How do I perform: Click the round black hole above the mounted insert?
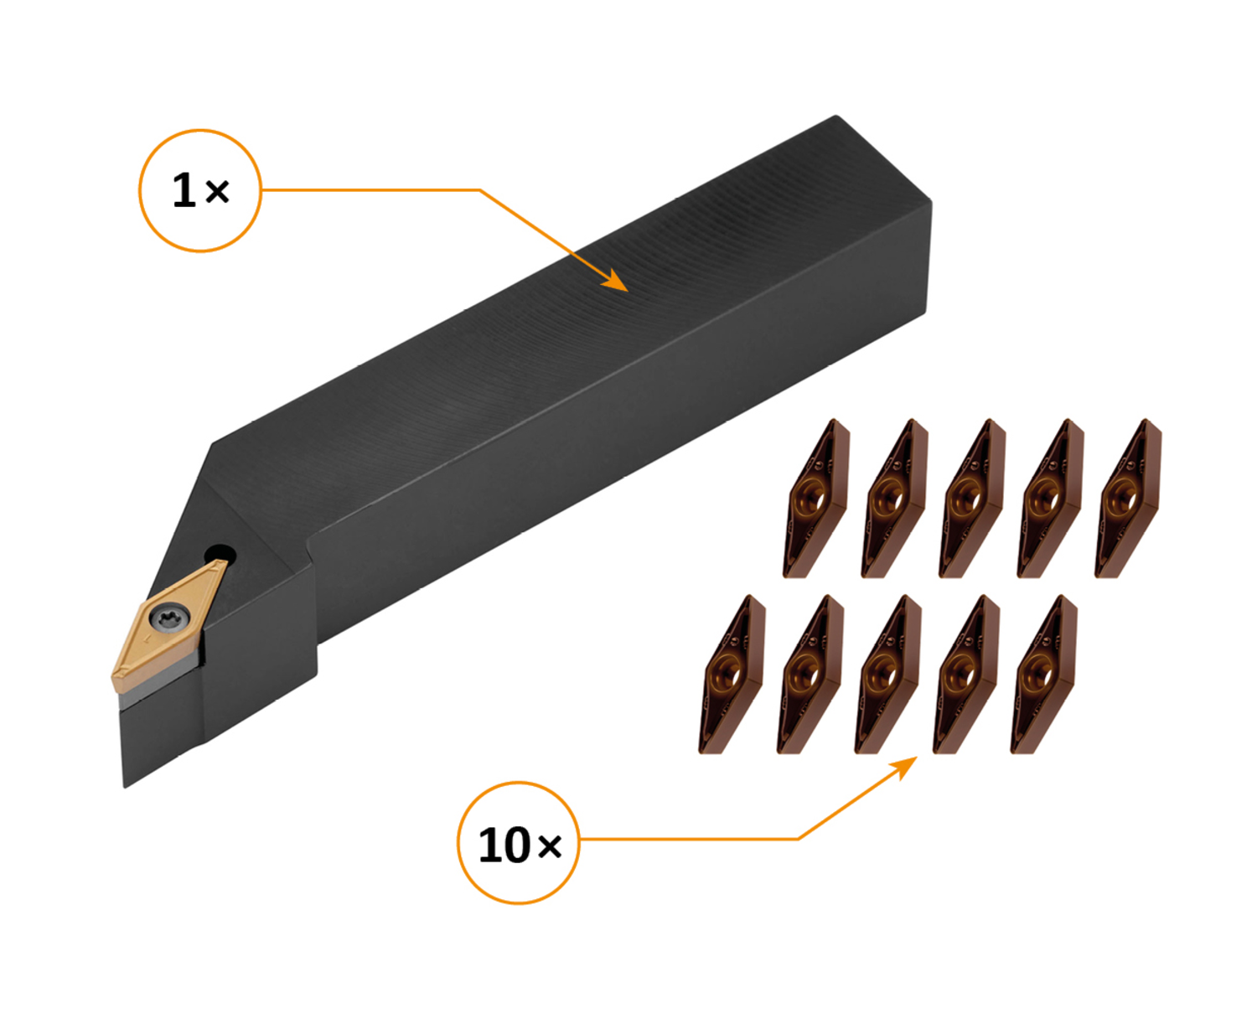220,554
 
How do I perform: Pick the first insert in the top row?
815,499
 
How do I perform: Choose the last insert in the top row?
1128,499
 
